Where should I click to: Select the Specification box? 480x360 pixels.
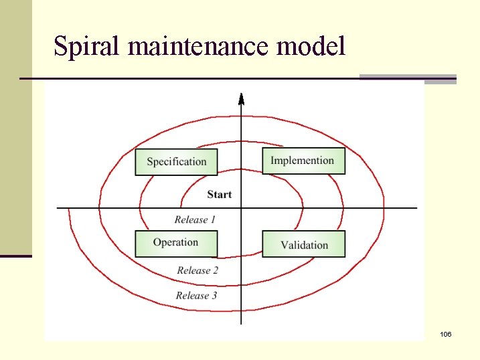click(x=176, y=161)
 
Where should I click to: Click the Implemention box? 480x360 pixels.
click(x=303, y=161)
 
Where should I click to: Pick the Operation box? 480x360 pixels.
click(x=176, y=243)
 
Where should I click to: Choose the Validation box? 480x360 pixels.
click(x=304, y=244)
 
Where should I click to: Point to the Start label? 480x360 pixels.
click(x=220, y=194)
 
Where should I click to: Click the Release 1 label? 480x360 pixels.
click(x=195, y=219)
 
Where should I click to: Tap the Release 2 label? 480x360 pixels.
click(x=197, y=270)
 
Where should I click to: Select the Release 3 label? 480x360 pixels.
click(x=196, y=295)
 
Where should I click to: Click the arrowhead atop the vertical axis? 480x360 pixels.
click(x=241, y=99)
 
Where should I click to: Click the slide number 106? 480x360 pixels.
click(x=446, y=333)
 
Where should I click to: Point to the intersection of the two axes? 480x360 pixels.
click(x=241, y=207)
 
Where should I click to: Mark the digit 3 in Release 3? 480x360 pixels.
click(x=214, y=295)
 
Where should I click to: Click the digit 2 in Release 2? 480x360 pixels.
click(x=216, y=270)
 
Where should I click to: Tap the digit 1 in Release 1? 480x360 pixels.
click(x=213, y=219)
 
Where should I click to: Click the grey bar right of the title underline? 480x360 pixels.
click(x=408, y=78)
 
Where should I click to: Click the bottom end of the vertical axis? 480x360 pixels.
click(x=241, y=324)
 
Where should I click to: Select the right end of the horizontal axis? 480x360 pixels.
click(x=416, y=207)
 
